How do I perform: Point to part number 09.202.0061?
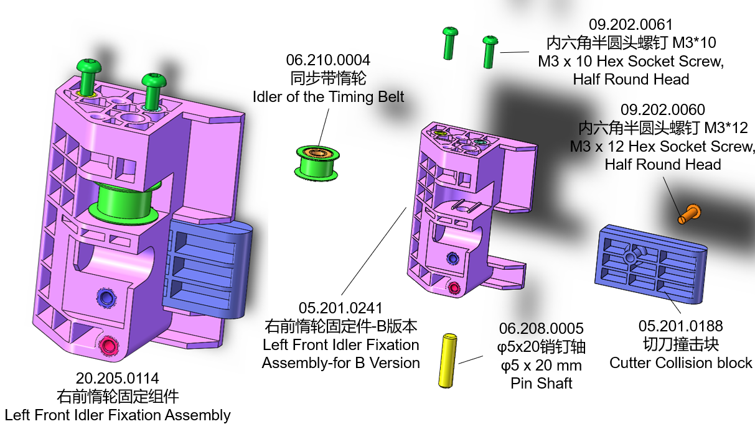[x=631, y=25]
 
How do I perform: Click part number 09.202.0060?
[x=663, y=111]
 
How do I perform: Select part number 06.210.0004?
[x=328, y=60]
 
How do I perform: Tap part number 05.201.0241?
[x=340, y=308]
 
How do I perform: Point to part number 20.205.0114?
[x=117, y=378]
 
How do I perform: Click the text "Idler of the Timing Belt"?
[x=328, y=97]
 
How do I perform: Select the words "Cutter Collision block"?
[x=680, y=363]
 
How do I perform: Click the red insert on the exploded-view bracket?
[x=454, y=287]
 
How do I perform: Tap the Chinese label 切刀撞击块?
[x=680, y=344]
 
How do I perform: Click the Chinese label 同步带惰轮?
[x=328, y=78]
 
